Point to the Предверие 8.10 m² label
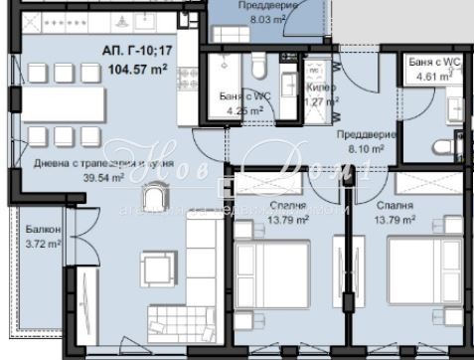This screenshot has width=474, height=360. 367,141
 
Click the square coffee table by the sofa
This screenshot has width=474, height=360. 156,269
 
